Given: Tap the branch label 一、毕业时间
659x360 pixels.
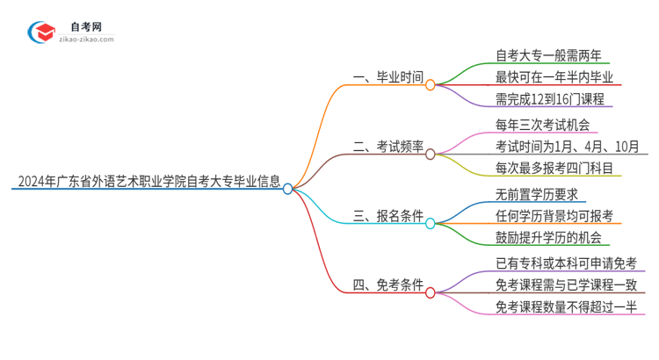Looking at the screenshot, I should (x=387, y=78).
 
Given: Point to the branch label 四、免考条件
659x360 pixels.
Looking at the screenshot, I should (x=387, y=286).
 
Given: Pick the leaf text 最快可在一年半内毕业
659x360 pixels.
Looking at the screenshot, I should (x=542, y=77).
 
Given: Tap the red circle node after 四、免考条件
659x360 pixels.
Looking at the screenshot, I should (x=431, y=292).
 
